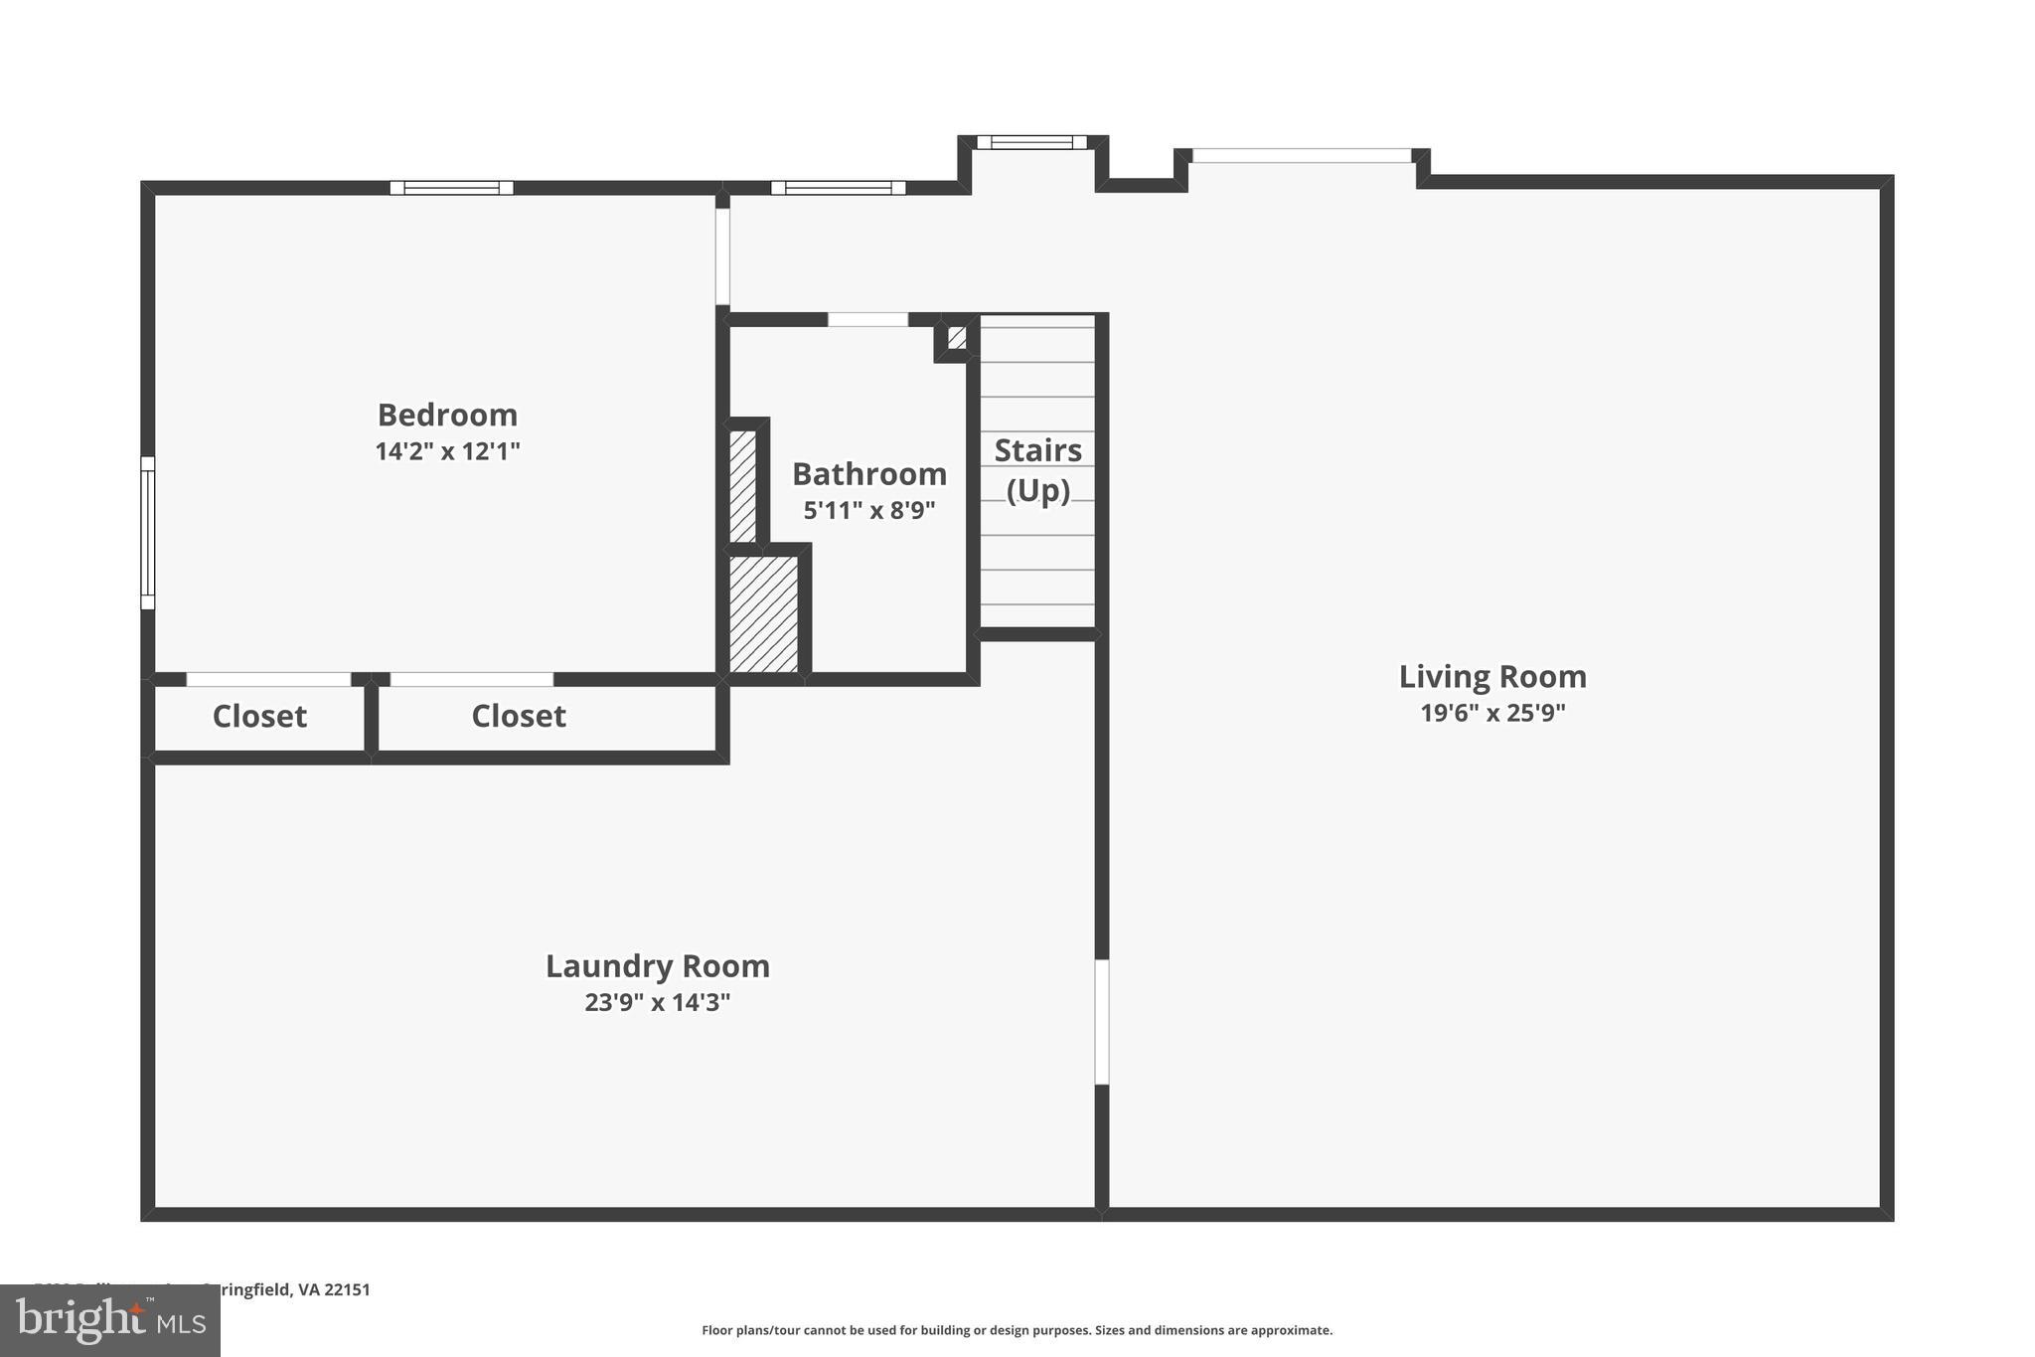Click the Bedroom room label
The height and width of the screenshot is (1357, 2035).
(447, 415)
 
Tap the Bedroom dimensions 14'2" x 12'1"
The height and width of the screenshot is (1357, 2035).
(447, 451)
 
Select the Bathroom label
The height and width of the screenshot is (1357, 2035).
(868, 474)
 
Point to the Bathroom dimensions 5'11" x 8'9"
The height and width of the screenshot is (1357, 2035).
(868, 510)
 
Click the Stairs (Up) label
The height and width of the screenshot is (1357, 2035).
(1037, 470)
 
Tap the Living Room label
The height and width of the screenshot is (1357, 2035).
(1492, 677)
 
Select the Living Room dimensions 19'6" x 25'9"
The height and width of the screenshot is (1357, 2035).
(1492, 713)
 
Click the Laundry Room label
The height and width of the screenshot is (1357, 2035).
(657, 966)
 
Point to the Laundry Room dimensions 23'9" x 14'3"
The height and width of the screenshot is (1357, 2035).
(657, 1002)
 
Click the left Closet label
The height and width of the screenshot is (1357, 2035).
(259, 716)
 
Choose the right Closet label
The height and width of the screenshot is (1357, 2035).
(518, 716)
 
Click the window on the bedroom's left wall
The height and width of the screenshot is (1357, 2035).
(147, 533)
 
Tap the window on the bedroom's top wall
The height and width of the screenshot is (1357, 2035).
(451, 188)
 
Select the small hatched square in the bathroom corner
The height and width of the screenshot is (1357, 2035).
(956, 338)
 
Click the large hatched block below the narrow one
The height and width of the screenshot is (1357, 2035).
(763, 614)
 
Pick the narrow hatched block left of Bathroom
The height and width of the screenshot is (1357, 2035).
(742, 486)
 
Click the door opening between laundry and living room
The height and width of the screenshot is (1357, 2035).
(1101, 1022)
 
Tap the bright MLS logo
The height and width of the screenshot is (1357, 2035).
(109, 1320)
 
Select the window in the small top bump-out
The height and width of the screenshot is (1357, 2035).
(1031, 142)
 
